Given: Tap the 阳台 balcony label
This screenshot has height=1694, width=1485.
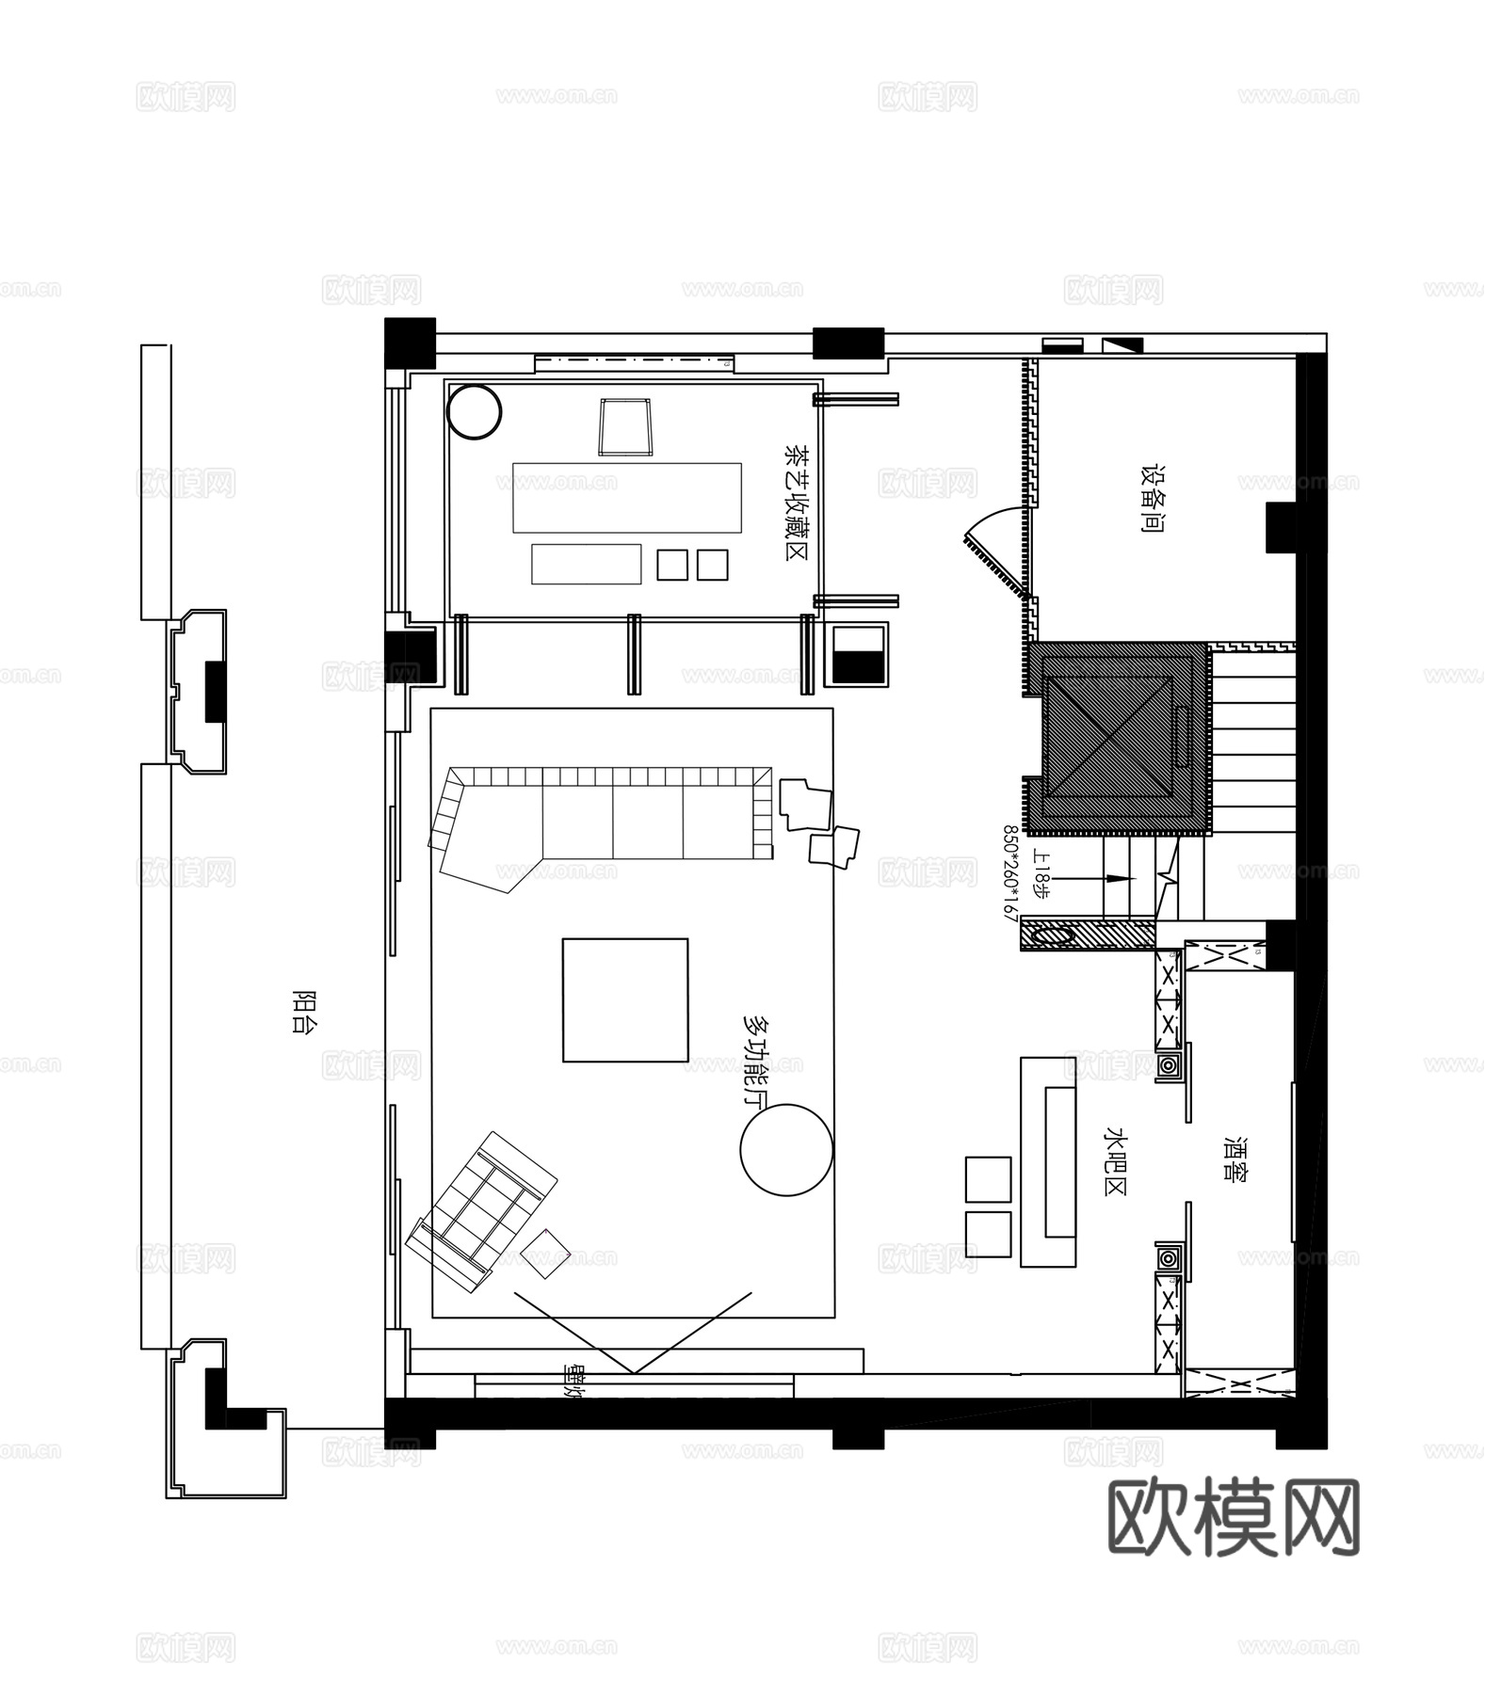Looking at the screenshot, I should (302, 1013).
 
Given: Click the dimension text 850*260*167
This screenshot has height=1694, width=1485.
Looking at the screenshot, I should (1010, 872).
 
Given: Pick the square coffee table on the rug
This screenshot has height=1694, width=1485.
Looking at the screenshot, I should (625, 999).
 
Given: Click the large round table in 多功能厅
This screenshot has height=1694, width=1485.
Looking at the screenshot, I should (786, 1150).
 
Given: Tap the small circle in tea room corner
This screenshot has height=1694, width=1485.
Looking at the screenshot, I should (474, 411).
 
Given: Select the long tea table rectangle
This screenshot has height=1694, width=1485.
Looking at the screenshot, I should (626, 497).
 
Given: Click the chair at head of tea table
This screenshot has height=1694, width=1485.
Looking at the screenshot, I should (625, 426).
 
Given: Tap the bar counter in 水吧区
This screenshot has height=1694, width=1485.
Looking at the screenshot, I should (1049, 1161).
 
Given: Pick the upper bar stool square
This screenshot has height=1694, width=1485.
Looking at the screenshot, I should (988, 1179).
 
